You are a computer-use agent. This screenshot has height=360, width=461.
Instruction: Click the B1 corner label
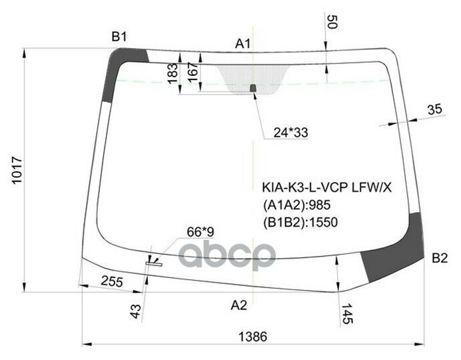119,37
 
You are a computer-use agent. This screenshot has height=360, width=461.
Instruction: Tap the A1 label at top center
243,45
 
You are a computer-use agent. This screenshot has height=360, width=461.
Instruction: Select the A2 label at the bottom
238,305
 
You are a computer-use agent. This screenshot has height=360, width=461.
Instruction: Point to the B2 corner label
439,258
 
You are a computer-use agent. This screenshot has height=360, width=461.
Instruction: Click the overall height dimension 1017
18,170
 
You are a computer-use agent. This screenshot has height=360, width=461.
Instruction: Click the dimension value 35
434,109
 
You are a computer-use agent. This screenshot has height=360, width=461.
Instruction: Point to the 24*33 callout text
291,133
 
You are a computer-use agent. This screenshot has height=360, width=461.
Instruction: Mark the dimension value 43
135,310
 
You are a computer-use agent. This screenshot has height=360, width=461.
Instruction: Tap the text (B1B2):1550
300,222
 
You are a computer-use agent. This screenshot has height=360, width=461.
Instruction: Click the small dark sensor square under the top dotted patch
252,88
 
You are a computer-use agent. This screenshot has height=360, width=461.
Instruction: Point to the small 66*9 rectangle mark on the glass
158,264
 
